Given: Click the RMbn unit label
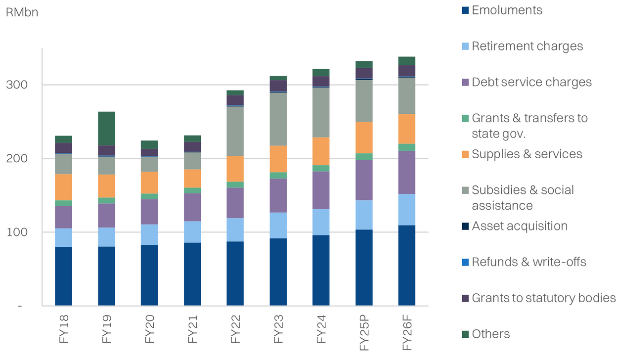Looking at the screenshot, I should [x=22, y=12].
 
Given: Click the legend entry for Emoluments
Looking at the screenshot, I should [x=507, y=10].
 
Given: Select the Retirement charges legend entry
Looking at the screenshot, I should [x=527, y=46].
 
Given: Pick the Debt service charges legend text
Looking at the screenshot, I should [x=531, y=83].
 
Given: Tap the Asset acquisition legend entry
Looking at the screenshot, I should [x=519, y=226].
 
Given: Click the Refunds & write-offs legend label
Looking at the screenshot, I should [x=529, y=262].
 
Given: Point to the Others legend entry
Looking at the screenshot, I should [x=490, y=334].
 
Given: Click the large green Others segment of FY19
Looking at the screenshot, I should [x=107, y=129].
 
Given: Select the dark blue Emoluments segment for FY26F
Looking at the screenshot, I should [x=407, y=266].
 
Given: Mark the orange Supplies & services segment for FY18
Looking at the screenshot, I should [x=63, y=187].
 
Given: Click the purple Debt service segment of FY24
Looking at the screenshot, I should [x=321, y=190].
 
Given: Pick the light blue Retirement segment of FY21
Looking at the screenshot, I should [x=192, y=232].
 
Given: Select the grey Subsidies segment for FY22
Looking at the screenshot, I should [x=235, y=131].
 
